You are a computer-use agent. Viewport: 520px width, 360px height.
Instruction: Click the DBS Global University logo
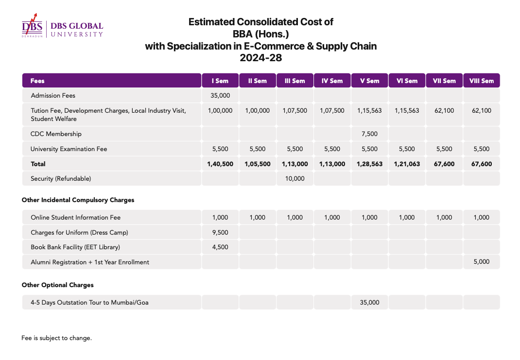pos(62,26)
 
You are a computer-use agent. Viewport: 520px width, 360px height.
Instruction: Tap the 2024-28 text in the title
pos(260,58)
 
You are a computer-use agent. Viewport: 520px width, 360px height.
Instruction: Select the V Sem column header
pos(369,81)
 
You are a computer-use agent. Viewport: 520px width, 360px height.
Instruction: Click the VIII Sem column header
pos(481,81)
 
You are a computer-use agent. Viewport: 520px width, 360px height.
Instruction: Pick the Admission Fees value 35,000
pos(220,96)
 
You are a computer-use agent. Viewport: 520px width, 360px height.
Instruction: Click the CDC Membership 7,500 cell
pos(369,134)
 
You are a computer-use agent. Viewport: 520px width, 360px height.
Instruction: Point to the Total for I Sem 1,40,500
pos(220,164)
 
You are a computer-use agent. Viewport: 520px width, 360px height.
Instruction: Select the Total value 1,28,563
pos(369,164)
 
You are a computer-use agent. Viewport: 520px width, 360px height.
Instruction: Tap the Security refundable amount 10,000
pos(295,179)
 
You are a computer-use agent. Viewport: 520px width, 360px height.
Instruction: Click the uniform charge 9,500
pos(220,233)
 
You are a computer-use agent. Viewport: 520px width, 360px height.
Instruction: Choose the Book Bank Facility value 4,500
pos(220,247)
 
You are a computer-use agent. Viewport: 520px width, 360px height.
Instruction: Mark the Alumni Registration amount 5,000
pos(481,262)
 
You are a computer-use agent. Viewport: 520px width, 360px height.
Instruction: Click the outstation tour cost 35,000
pos(369,303)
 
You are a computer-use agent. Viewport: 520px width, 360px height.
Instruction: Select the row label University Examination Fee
pos(69,149)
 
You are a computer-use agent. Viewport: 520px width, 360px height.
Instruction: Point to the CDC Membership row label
pos(56,134)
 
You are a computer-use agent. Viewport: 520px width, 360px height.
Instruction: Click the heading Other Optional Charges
pos(58,285)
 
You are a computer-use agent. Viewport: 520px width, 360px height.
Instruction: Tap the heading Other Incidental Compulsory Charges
pos(78,200)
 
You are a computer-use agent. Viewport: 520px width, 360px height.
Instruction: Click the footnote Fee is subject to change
pos(56,338)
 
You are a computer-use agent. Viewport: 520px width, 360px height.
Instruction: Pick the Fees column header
pos(37,81)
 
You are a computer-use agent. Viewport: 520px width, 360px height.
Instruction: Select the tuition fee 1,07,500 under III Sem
pos(295,111)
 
